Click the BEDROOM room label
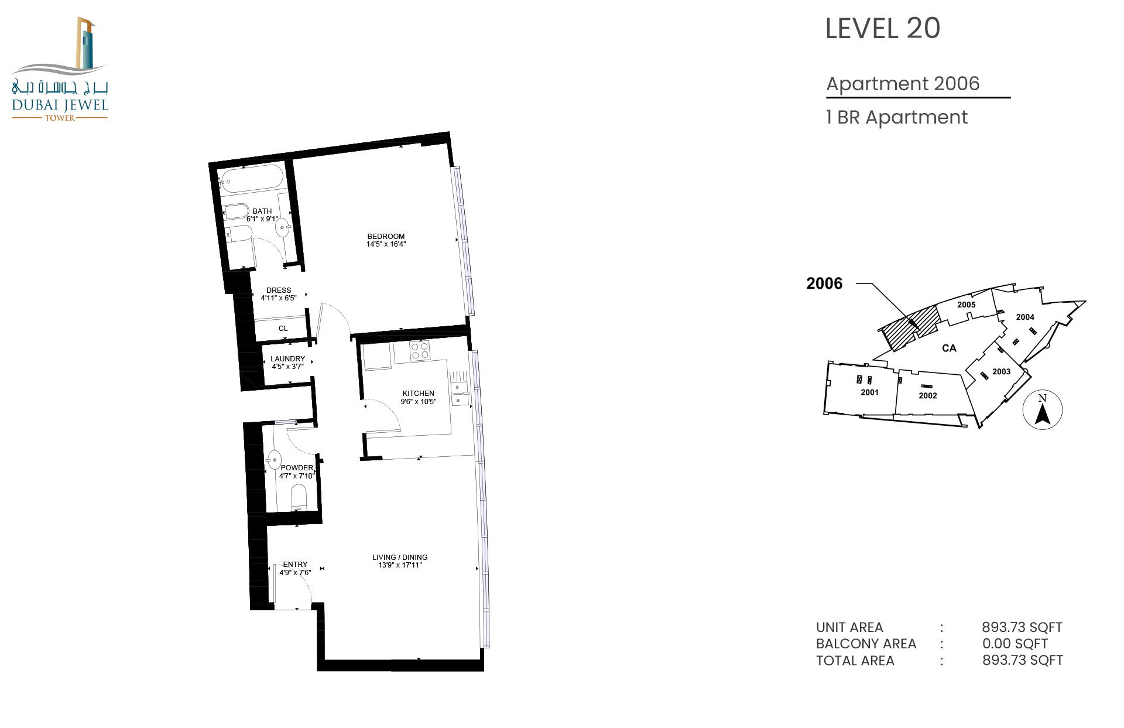coord(386,237)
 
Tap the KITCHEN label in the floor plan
coord(418,394)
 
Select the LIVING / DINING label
coord(400,558)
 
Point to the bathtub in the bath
coord(252,179)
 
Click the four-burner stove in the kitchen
coord(420,350)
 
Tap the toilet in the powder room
coord(299,498)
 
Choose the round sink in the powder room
coord(274,460)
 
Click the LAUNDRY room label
coord(287,359)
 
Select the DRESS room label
coord(279,290)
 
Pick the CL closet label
coord(283,329)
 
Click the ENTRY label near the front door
coord(295,565)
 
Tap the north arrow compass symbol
coord(1042,409)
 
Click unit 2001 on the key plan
coord(869,392)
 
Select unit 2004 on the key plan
coord(1025,317)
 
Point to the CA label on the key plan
coord(949,348)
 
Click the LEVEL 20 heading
coord(882,29)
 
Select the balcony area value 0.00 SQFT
coord(1015,644)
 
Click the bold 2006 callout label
coord(824,283)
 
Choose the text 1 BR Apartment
coord(897,118)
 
